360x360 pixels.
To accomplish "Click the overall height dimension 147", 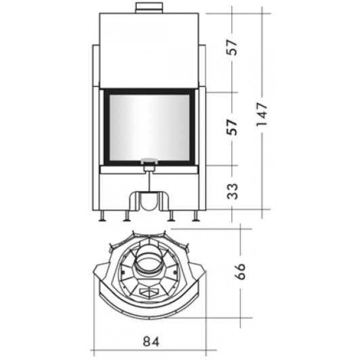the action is pyautogui.click(x=262, y=114).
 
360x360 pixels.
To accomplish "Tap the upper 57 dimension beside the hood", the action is pyautogui.click(x=232, y=47).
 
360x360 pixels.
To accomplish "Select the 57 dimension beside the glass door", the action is pyautogui.click(x=232, y=127).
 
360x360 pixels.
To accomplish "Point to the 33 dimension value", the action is pyautogui.click(x=232, y=191).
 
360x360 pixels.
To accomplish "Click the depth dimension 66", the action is pyautogui.click(x=240, y=271).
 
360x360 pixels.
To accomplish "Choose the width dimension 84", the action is pyautogui.click(x=151, y=342).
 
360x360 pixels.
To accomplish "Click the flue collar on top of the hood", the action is pyautogui.click(x=149, y=8).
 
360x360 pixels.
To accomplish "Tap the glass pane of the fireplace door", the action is pyautogui.click(x=149, y=127).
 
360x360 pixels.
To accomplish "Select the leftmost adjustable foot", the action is pyautogui.click(x=102, y=216).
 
